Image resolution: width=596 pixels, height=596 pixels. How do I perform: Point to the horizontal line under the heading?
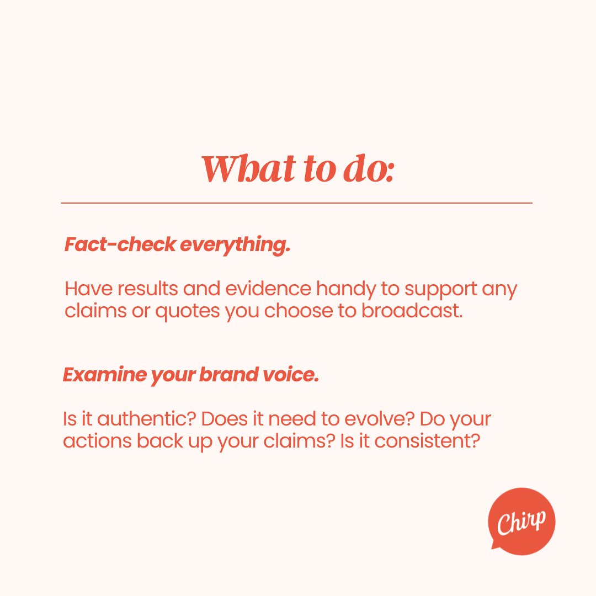[x=297, y=203]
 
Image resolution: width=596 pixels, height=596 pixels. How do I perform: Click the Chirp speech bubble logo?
[x=521, y=520]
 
